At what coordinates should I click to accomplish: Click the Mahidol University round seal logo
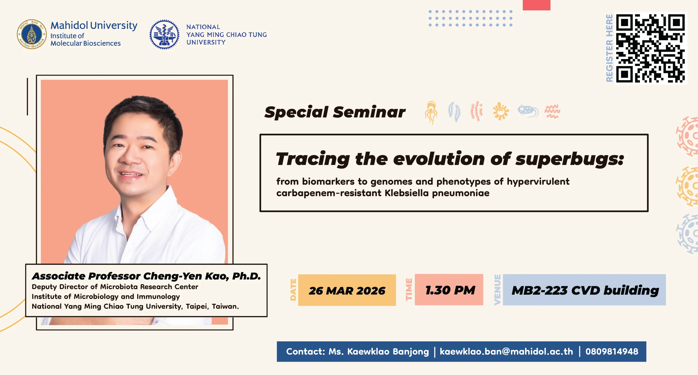[x=32, y=34]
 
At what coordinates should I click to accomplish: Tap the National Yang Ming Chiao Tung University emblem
[x=164, y=35]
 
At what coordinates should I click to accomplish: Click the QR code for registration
[x=651, y=48]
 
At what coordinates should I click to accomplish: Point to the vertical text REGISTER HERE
[x=609, y=48]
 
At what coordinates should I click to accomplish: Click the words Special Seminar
[x=335, y=112]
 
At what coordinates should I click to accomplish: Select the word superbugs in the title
[x=569, y=159]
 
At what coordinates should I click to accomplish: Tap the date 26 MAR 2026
[x=347, y=291]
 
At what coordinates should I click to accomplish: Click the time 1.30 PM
[x=450, y=290]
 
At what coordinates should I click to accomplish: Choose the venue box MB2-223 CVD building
[x=584, y=290]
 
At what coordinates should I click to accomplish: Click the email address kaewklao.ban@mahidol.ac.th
[x=506, y=352]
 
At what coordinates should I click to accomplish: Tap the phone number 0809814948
[x=612, y=352]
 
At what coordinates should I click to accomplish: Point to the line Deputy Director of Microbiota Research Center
[x=115, y=287]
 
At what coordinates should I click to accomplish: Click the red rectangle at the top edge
[x=536, y=5]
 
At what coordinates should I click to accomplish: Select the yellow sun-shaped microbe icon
[x=501, y=111]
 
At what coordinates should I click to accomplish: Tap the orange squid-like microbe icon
[x=431, y=112]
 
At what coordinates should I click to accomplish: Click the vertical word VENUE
[x=498, y=290]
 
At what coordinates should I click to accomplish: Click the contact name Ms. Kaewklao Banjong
[x=378, y=352]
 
